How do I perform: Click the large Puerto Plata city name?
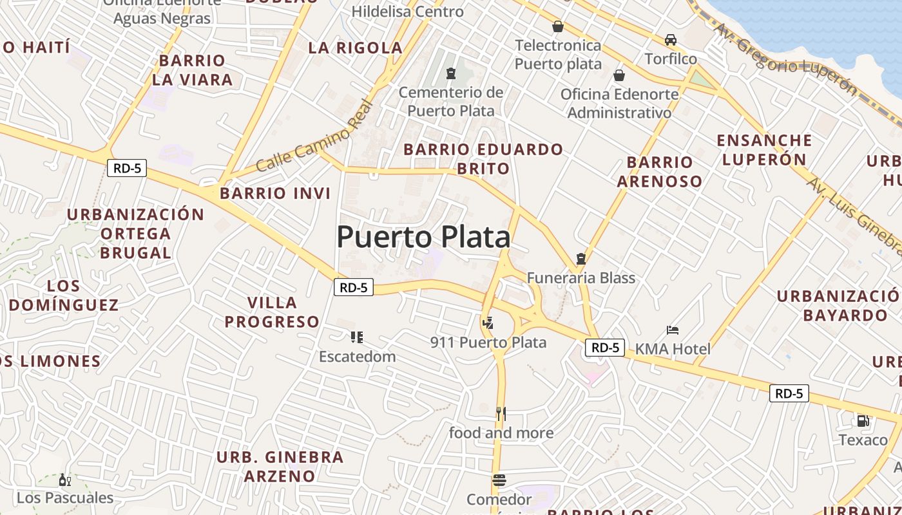click(x=423, y=237)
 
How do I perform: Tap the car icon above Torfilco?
click(x=671, y=40)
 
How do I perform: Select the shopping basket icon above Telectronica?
click(x=558, y=26)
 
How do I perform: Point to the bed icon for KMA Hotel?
click(x=673, y=330)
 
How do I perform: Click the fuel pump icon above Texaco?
click(x=863, y=421)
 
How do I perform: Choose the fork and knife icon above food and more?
click(x=501, y=413)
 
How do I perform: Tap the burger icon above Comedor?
click(x=499, y=480)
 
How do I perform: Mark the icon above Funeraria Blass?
click(x=581, y=259)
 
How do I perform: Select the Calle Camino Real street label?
click(x=314, y=136)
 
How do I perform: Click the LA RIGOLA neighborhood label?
click(x=355, y=48)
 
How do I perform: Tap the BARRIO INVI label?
click(x=275, y=193)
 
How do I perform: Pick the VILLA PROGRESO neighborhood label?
click(x=272, y=312)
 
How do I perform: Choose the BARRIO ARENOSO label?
click(x=659, y=172)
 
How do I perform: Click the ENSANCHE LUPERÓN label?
click(x=764, y=150)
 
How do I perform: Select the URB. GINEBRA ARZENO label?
click(x=280, y=467)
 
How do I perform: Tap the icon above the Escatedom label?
click(x=356, y=337)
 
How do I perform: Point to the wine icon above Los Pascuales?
click(x=64, y=480)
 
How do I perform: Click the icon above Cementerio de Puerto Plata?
click(x=451, y=74)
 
